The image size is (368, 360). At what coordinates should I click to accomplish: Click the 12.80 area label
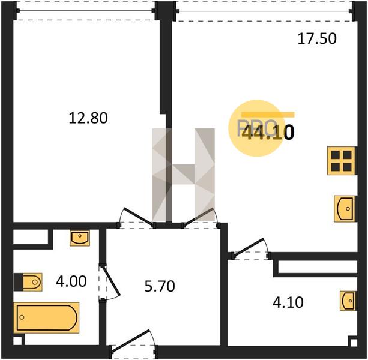[x=88, y=118]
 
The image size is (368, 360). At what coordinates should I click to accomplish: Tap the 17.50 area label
[x=317, y=38]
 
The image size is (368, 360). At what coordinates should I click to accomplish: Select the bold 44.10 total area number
[x=268, y=132]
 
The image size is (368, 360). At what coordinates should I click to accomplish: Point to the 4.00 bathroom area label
[x=71, y=281]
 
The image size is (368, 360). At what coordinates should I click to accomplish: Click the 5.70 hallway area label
[x=160, y=286]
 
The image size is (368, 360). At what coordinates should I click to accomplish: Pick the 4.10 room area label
[x=288, y=302]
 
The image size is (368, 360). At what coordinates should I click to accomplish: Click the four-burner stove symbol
[x=342, y=161]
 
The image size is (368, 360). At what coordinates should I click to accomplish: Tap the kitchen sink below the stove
[x=345, y=209]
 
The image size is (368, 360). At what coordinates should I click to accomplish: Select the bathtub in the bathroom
[x=46, y=318]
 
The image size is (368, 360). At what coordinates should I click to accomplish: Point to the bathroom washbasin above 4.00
[x=80, y=238]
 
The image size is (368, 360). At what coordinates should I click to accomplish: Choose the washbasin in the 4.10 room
[x=348, y=301]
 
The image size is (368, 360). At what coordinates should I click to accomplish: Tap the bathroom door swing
[x=110, y=282]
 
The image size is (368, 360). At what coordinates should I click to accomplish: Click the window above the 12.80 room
[x=85, y=11]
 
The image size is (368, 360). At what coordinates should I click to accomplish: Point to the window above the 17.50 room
[x=264, y=11]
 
